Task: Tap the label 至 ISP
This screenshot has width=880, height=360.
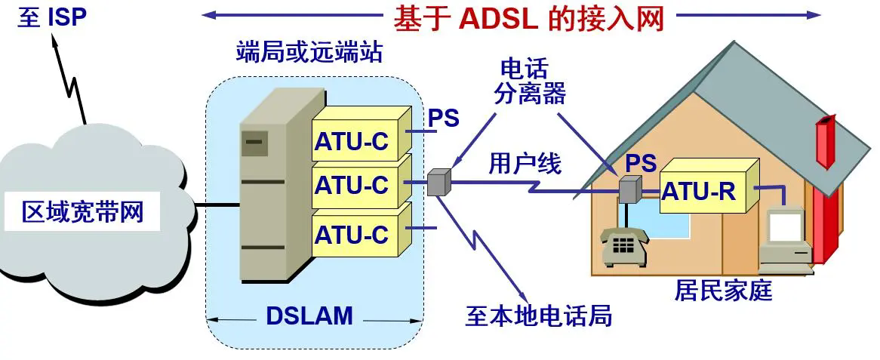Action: point(52,17)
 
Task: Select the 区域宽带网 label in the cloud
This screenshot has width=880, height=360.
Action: point(82,213)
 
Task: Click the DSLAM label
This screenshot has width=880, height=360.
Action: point(309,315)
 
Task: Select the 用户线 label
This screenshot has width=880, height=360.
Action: point(525,162)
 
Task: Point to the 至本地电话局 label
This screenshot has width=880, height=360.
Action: point(538,315)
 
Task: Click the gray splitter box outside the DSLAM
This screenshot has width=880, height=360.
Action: point(438,182)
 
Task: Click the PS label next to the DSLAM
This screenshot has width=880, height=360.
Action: point(444,118)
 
